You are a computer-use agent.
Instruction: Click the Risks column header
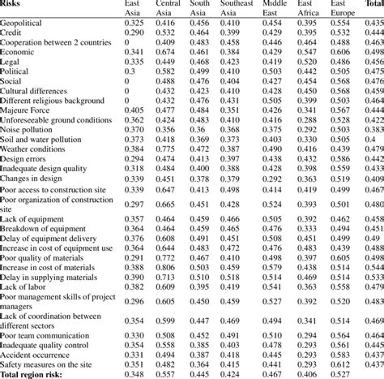(x=14, y=6)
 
